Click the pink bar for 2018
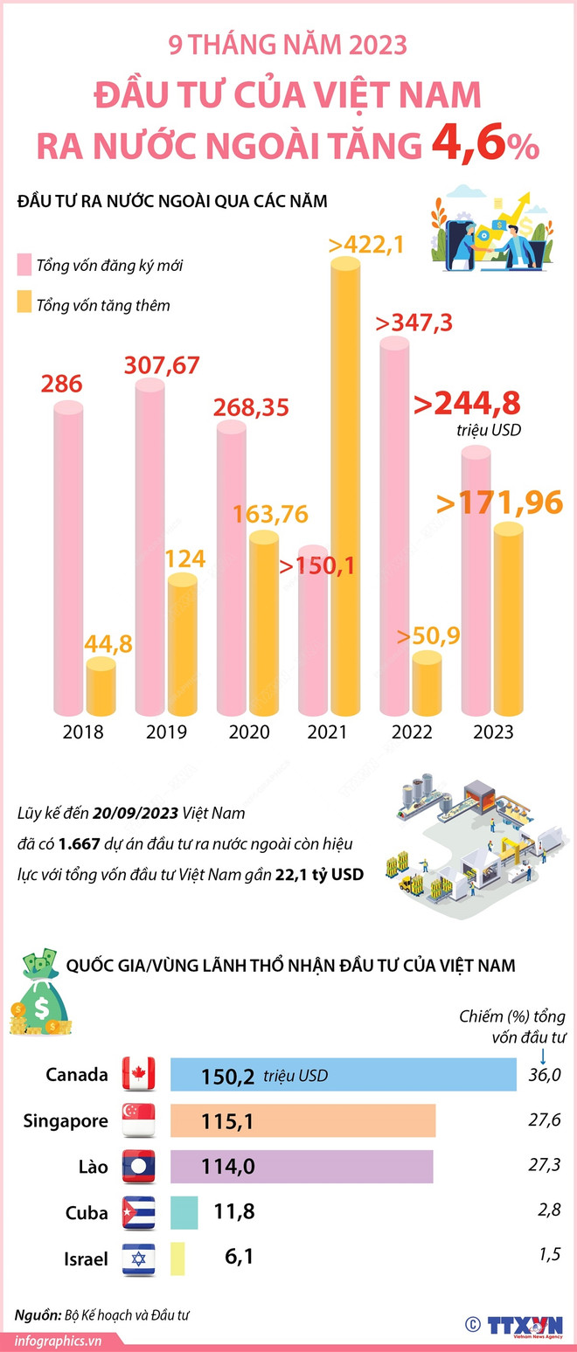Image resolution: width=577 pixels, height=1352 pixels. pyautogui.click(x=68, y=559)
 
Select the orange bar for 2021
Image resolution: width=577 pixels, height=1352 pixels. pyautogui.click(x=345, y=489)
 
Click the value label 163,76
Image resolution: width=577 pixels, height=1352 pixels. pyautogui.click(x=270, y=514)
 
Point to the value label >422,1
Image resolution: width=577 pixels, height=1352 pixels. pyautogui.click(x=367, y=245)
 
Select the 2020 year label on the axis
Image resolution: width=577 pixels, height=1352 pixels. pyautogui.click(x=249, y=732)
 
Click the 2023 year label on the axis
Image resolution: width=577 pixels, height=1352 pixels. pyautogui.click(x=493, y=732)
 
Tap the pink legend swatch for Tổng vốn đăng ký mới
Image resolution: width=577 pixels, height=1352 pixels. pyautogui.click(x=24, y=265)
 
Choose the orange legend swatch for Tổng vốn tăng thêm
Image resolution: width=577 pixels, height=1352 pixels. pyautogui.click(x=24, y=305)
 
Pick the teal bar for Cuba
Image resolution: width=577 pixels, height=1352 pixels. pyautogui.click(x=184, y=1212)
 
